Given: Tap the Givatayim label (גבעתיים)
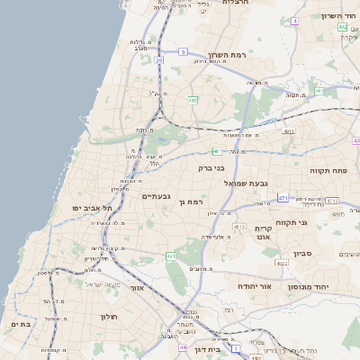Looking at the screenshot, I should tap(157, 195).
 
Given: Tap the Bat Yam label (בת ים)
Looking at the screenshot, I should tap(22, 322).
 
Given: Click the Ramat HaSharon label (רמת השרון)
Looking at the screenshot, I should tap(228, 55).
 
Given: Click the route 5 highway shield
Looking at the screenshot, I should tap(182, 52).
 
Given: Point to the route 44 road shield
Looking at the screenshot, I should tap(183, 346).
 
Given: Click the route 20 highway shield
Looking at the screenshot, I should tap(158, 60).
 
